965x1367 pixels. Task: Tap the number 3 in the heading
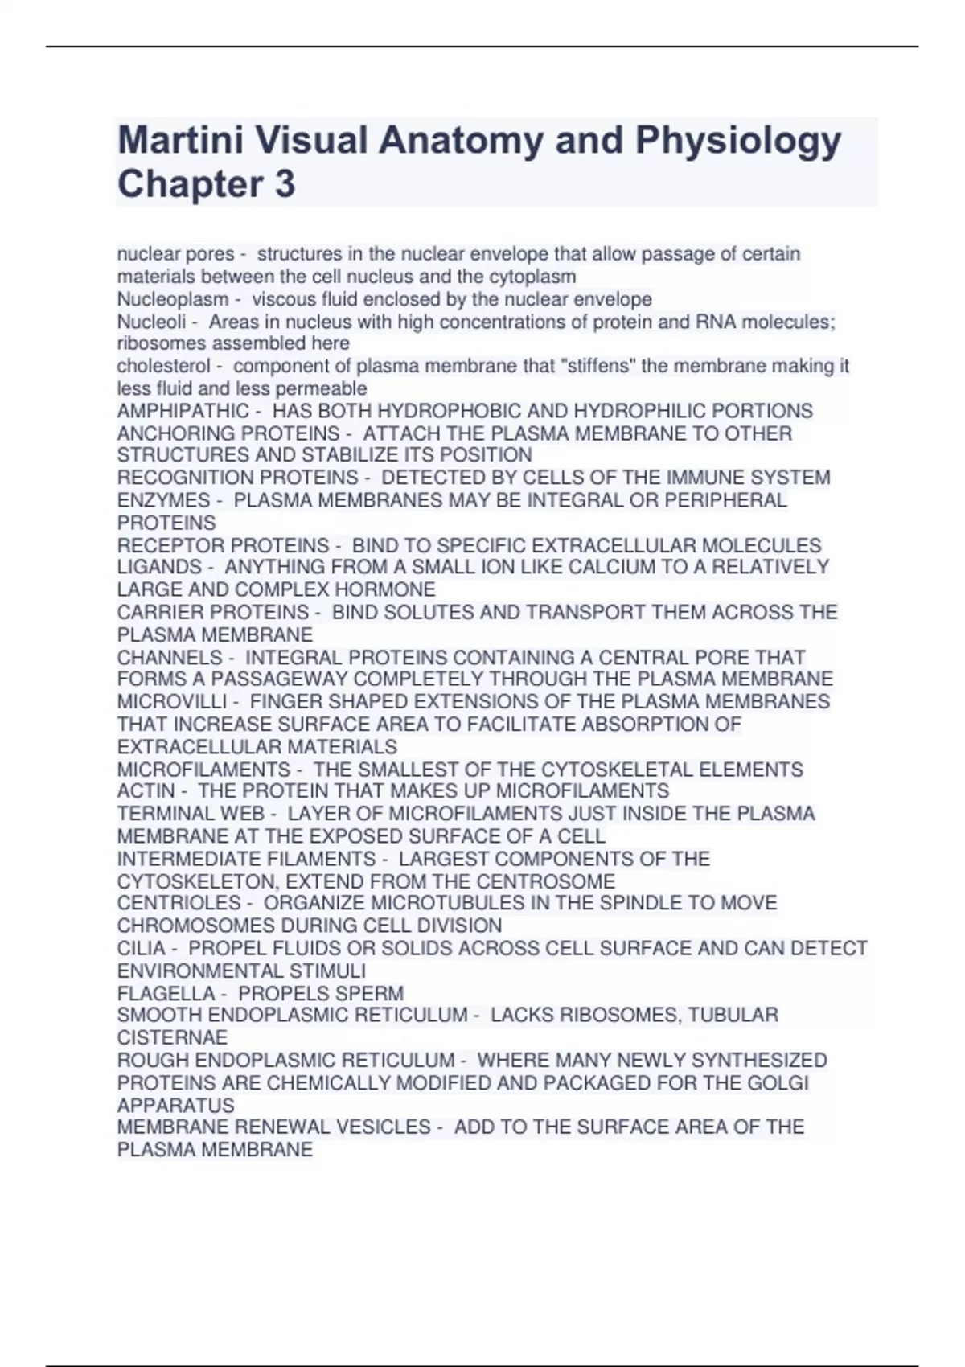(285, 184)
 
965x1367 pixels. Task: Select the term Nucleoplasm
(173, 299)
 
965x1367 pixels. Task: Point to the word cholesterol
(164, 366)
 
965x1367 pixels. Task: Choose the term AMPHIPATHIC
(183, 411)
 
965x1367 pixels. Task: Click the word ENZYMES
(163, 500)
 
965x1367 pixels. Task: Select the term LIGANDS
(159, 567)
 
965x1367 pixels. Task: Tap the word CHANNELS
(170, 657)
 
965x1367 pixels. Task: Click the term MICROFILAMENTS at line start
(203, 770)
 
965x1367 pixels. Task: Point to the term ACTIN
(146, 791)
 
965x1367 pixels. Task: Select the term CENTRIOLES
(179, 903)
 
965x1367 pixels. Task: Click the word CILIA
(141, 948)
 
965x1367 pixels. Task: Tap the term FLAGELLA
(166, 993)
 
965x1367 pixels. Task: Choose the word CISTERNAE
(172, 1037)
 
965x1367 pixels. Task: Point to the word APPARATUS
(175, 1105)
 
